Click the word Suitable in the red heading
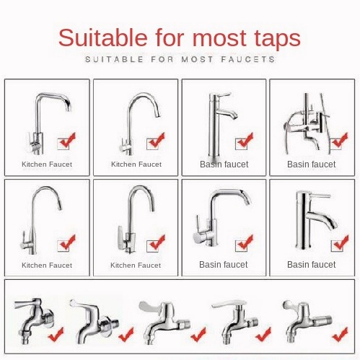point(102,38)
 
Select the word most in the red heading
point(219,38)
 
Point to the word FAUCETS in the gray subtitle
point(248,59)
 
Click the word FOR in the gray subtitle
point(162,59)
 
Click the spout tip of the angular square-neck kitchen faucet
point(69,110)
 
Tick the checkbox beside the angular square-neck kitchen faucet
point(63,144)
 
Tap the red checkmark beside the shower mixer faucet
point(341,140)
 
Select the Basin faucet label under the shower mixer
point(312,164)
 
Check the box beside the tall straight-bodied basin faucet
point(241,144)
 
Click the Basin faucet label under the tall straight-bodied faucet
point(224,164)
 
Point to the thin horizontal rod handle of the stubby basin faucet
point(320,196)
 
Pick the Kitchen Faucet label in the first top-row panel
point(47,164)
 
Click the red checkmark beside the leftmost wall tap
point(56,334)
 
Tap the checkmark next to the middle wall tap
point(198,335)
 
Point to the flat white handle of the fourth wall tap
point(229,304)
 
